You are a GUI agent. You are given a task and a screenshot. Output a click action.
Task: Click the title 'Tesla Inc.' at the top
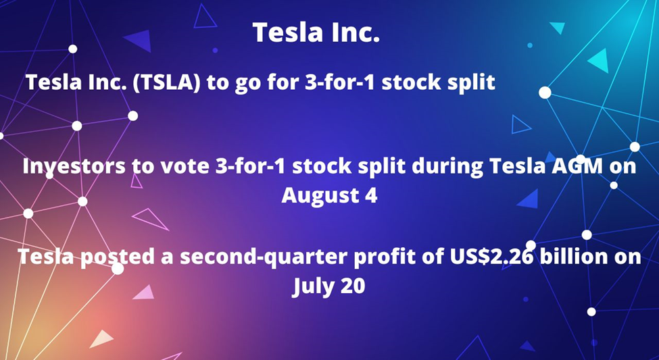pos(316,32)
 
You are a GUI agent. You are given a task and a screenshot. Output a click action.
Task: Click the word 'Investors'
pos(74,166)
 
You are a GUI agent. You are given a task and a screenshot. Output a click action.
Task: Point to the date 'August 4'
pos(330,195)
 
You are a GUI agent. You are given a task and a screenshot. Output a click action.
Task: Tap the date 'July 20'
pos(328,287)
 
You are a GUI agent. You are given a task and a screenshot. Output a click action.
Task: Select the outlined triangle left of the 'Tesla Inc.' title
pos(205,17)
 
